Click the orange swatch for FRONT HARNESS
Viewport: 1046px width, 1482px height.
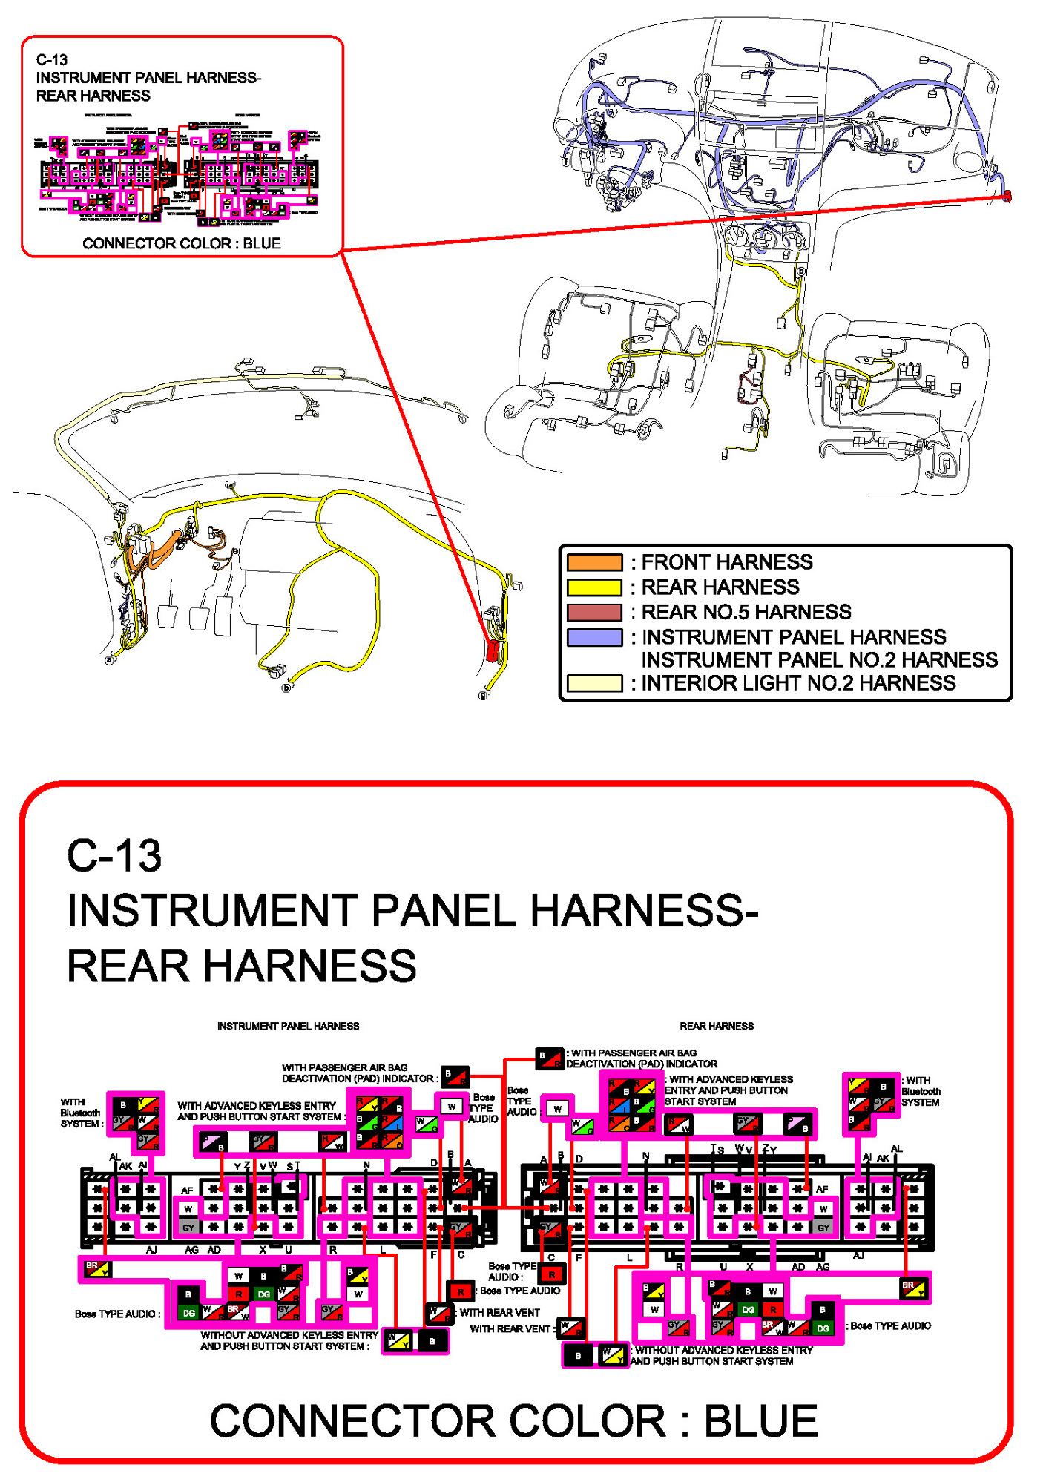[593, 562]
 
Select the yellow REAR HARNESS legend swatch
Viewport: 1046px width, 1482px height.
[593, 587]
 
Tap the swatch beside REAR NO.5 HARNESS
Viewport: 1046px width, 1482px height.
[593, 612]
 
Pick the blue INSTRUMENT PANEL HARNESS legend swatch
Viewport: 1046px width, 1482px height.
[593, 637]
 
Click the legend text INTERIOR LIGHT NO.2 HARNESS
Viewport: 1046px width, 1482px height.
[797, 683]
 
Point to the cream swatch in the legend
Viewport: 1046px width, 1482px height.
[593, 683]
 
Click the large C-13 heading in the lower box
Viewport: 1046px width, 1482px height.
[114, 855]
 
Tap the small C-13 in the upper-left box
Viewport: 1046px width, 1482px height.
[52, 60]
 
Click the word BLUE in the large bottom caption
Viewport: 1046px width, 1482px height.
[760, 1420]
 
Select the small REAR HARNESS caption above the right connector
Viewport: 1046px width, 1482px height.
[717, 1026]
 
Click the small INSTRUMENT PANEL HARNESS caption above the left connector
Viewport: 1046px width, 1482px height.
[288, 1026]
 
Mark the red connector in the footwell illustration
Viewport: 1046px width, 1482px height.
[492, 650]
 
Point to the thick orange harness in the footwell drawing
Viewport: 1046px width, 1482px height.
[159, 553]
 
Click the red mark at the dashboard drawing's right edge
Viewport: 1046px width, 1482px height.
[1007, 196]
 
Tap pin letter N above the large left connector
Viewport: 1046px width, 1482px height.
[366, 1165]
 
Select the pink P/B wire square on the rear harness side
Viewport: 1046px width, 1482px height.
[798, 1124]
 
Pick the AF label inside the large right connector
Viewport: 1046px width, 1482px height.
[822, 1188]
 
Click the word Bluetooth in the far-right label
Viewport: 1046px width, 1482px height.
[921, 1091]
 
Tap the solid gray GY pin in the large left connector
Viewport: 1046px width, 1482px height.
[188, 1228]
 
